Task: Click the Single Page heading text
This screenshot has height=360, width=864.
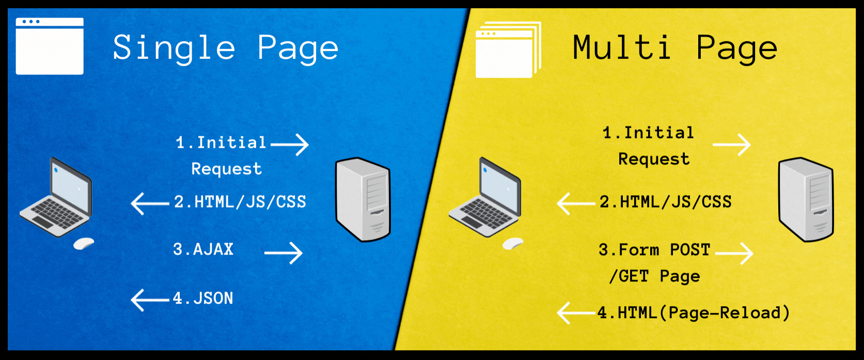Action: click(x=226, y=49)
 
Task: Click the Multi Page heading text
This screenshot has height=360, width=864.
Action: click(x=674, y=49)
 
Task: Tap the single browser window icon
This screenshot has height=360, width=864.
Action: click(x=50, y=46)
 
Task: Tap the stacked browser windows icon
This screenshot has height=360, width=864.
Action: click(x=508, y=50)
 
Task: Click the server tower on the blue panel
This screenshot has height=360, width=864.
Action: click(x=363, y=199)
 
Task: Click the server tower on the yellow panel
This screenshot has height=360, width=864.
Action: click(x=806, y=199)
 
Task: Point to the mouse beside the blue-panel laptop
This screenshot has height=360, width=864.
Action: click(x=83, y=243)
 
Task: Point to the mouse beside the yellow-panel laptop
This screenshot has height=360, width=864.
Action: click(x=513, y=243)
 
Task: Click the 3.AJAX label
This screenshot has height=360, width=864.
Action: click(x=203, y=250)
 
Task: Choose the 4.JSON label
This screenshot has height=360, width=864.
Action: click(x=203, y=299)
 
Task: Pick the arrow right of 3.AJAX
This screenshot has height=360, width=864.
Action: click(x=284, y=253)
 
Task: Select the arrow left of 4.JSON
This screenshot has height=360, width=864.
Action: click(x=150, y=300)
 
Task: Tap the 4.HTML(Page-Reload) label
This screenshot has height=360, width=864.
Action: click(x=694, y=313)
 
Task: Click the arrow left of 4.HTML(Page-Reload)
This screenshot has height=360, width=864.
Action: click(x=576, y=313)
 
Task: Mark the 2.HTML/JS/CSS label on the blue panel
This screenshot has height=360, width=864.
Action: click(x=240, y=202)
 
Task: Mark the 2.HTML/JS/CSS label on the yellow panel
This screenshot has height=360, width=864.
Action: click(x=665, y=202)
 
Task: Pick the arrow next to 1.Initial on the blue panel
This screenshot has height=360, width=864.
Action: click(x=290, y=145)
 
